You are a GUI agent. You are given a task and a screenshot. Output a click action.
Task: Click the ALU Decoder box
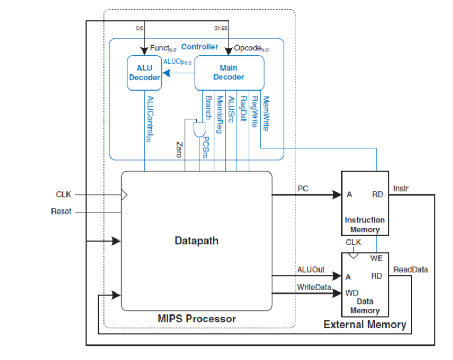pos(144,73)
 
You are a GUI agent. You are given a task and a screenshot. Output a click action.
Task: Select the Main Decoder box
pos(229,73)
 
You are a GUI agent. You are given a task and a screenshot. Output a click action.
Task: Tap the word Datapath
pos(197,241)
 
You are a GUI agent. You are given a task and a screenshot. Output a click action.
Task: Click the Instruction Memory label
pos(365,224)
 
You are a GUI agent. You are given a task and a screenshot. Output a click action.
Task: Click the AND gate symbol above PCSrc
pos(198,129)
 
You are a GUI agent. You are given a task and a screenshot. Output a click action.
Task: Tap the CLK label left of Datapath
pos(64,194)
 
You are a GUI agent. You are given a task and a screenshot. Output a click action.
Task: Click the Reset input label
pos(61,212)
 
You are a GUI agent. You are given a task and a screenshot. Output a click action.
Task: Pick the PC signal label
pos(303,188)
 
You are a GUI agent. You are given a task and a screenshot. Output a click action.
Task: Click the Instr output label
pos(400,189)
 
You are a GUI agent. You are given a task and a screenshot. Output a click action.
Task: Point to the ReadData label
pos(411,269)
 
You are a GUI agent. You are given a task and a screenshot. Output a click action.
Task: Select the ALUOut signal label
pos(310,269)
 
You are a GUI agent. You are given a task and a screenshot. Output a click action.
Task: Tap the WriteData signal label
pos(314,288)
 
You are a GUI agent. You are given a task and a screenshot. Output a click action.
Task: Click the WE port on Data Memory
pos(377,259)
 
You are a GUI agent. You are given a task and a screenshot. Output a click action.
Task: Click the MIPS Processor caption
pos(197,319)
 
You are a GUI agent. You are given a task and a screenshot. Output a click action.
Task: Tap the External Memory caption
pos(365,325)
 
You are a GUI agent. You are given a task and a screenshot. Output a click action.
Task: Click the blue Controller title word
pos(199,47)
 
